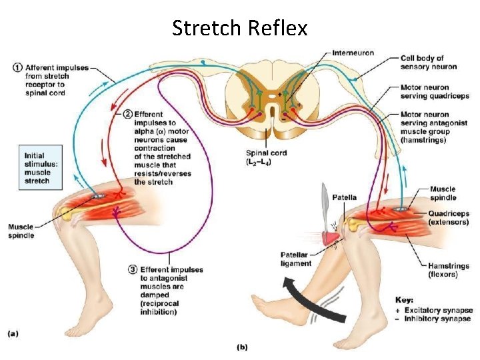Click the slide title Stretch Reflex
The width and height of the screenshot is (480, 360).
tap(239, 28)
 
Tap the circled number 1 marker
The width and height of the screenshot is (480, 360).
tap(17, 67)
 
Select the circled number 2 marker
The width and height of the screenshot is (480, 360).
tap(127, 114)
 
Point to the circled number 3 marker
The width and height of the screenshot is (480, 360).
tap(133, 269)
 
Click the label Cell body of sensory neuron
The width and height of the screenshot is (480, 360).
tap(428, 63)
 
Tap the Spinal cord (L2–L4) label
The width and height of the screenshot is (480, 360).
tap(266, 157)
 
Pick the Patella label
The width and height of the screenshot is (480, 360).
tap(344, 197)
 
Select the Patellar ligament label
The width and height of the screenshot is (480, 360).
tap(295, 259)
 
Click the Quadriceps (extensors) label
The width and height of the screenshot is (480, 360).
tap(448, 218)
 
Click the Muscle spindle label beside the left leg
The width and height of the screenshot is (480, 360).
tap(21, 231)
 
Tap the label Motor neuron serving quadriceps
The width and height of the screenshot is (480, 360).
tap(434, 91)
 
